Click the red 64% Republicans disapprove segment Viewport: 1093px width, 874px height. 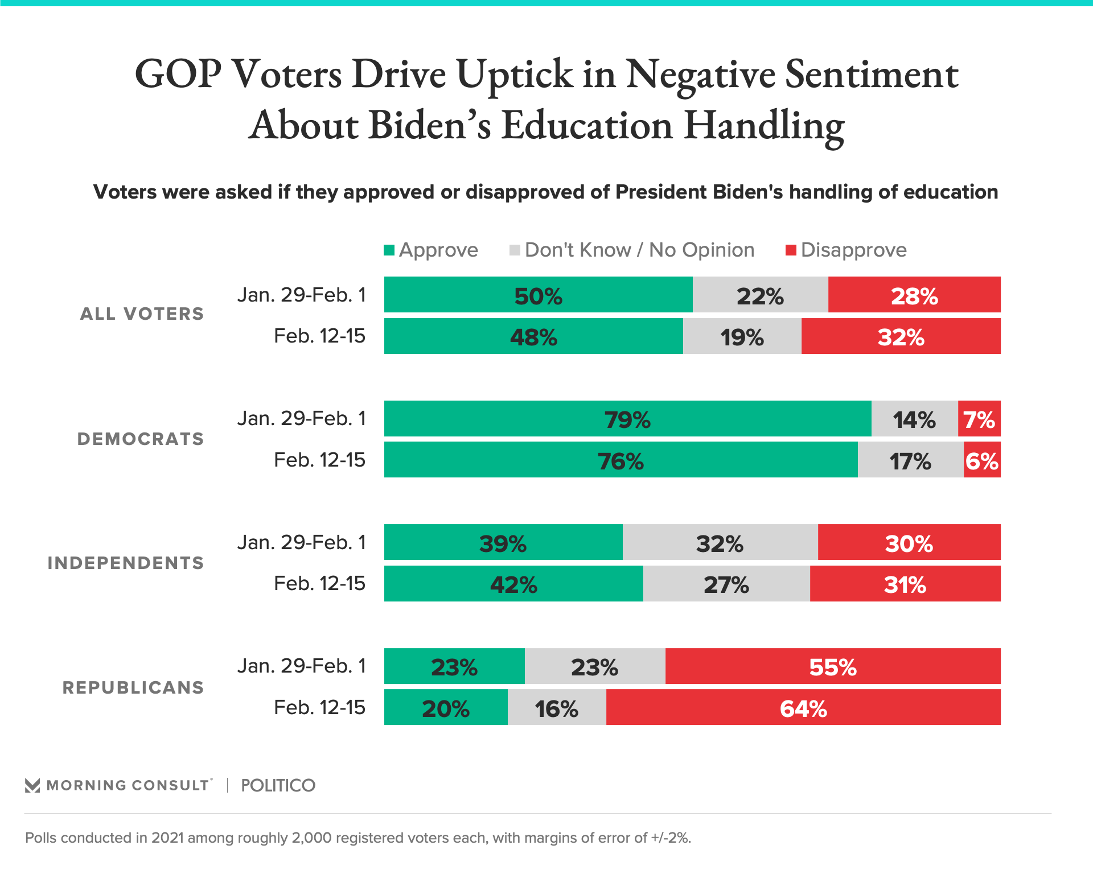tap(803, 707)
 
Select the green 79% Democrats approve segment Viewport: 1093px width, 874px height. tap(627, 419)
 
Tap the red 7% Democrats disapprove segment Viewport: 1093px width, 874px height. tap(979, 419)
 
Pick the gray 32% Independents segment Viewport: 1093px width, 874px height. tap(720, 542)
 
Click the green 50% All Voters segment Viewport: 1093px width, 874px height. tap(538, 295)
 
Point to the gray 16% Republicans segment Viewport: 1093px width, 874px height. tap(556, 707)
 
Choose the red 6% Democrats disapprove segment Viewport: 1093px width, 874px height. tap(982, 460)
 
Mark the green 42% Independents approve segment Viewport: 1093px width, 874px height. tap(513, 584)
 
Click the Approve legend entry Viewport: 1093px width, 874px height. tap(431, 250)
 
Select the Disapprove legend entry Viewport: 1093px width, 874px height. tap(847, 250)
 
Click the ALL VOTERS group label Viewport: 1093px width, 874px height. tap(142, 314)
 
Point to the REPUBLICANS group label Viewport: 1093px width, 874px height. tap(133, 687)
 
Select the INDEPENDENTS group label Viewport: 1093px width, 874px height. tap(126, 563)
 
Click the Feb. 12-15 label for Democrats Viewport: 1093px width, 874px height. tap(319, 460)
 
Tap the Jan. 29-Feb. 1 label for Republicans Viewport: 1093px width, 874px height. tap(302, 666)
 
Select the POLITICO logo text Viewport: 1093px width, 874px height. tap(278, 785)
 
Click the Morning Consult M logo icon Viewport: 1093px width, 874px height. tap(32, 785)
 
